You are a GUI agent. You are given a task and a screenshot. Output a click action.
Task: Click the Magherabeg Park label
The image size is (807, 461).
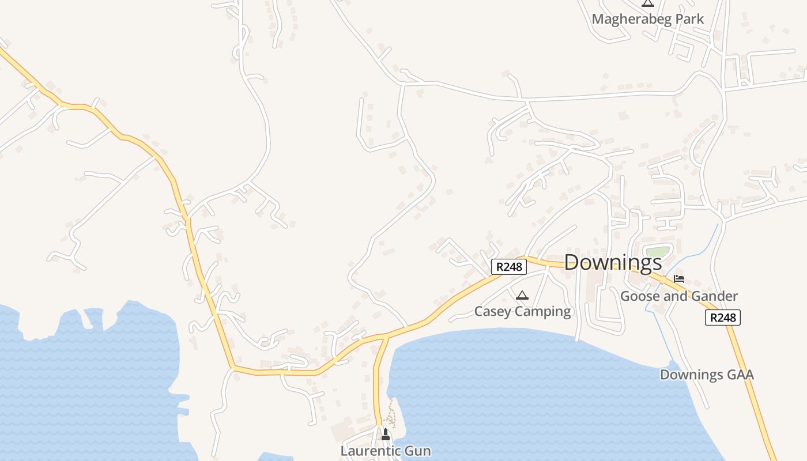pos(647,19)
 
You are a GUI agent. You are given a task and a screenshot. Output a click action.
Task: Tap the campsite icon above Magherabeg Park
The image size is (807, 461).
pos(648,3)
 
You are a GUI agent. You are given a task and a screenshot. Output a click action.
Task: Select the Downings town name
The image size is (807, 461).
pos(613,263)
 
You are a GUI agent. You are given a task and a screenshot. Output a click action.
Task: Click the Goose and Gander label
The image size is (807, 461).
pos(678,296)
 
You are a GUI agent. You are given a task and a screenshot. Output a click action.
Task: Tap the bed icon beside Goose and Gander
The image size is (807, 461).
pos(679,279)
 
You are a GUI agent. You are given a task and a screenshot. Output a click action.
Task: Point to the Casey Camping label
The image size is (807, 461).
pos(522,312)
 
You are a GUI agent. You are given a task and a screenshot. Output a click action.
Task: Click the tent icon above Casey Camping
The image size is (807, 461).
pos(522,296)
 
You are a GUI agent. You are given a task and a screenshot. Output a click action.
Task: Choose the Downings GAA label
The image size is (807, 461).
pos(707,375)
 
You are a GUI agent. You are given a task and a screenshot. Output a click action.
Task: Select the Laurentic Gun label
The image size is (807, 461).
pos(386,451)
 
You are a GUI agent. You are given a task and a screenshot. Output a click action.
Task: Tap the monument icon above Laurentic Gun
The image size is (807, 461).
pos(386,434)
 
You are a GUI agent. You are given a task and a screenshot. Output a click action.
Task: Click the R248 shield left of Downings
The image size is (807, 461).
pos(509,267)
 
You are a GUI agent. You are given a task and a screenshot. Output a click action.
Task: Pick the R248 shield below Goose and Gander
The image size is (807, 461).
pos(722,318)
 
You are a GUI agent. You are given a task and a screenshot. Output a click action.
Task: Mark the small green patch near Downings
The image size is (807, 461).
pos(658,252)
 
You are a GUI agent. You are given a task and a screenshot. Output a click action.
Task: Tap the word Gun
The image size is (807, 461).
pos(418,451)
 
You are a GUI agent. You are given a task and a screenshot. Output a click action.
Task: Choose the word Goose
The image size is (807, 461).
pos(639,296)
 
